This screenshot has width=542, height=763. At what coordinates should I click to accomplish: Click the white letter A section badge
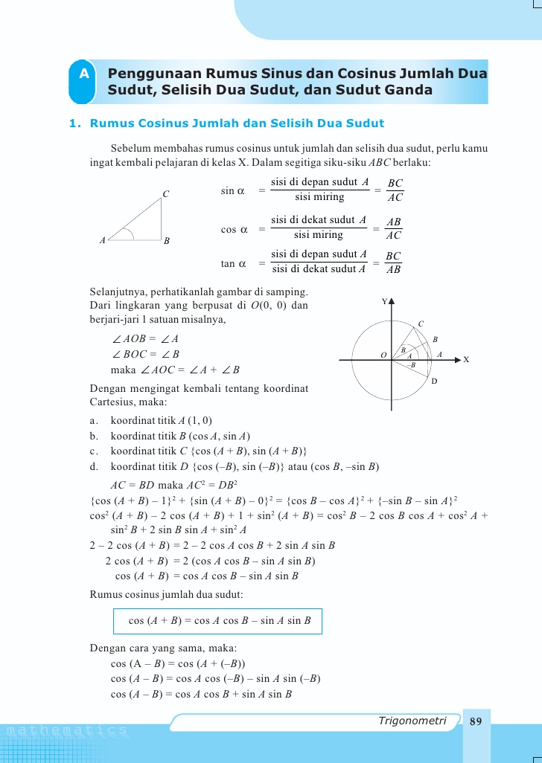click(x=84, y=74)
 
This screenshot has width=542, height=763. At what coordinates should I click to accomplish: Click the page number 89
click(x=476, y=721)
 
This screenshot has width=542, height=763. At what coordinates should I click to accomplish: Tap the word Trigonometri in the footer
click(x=412, y=721)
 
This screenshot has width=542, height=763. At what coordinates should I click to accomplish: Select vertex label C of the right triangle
click(x=166, y=195)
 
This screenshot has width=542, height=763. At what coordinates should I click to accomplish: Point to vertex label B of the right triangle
click(x=167, y=242)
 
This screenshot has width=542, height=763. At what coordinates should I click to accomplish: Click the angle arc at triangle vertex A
click(x=129, y=235)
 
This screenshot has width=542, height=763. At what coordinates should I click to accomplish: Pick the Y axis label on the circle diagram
click(x=384, y=302)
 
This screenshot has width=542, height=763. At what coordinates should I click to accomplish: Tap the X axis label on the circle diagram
click(x=466, y=360)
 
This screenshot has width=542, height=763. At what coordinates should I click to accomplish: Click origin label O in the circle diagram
click(x=383, y=355)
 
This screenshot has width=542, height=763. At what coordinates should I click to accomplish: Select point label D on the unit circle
click(x=435, y=381)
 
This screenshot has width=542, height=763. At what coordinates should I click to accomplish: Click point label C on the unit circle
click(x=421, y=323)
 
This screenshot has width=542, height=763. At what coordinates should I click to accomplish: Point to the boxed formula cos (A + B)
click(x=218, y=621)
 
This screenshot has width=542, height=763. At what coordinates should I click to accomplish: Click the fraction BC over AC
click(x=395, y=190)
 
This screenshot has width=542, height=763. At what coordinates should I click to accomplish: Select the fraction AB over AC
click(x=395, y=228)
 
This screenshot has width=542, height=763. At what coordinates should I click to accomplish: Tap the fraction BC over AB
click(x=394, y=263)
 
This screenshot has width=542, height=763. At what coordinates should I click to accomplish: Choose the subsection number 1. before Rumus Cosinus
click(x=74, y=123)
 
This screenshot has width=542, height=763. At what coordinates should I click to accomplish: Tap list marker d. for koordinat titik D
click(x=94, y=467)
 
